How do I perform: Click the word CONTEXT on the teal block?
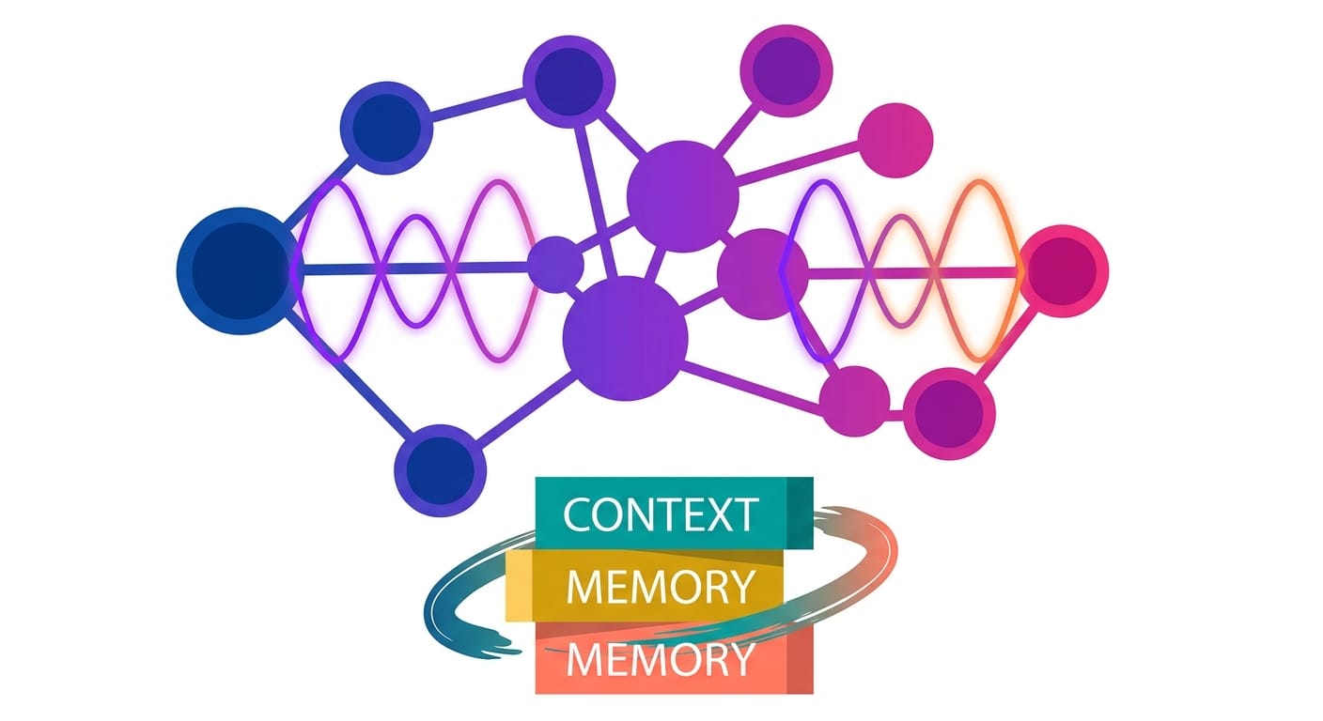[661, 514]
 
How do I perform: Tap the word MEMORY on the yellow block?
[661, 587]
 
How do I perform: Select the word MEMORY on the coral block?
[661, 660]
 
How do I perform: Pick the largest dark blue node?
[235, 270]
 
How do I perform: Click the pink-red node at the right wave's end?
[1064, 269]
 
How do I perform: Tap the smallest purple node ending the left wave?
[555, 264]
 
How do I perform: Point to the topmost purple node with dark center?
[786, 68]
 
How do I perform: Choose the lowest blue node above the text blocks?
[440, 469]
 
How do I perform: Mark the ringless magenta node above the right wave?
[895, 139]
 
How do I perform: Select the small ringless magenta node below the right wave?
[854, 401]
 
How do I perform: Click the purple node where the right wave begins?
[762, 273]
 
